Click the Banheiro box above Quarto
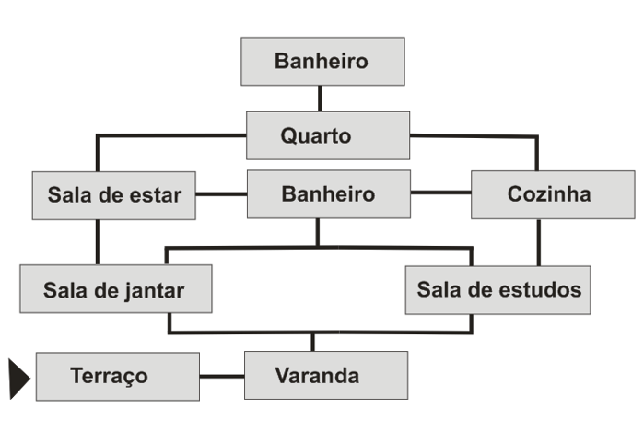(x=322, y=62)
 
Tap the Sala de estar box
(x=113, y=195)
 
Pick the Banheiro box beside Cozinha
(x=328, y=194)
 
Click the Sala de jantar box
(x=115, y=289)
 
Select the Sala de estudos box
(x=498, y=289)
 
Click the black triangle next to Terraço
(x=18, y=379)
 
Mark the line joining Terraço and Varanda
(x=221, y=376)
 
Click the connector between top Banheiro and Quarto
(x=320, y=99)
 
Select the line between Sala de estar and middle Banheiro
(x=220, y=194)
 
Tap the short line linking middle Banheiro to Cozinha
(x=440, y=193)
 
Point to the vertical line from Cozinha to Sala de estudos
(x=539, y=241)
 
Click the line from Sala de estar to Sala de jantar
(x=97, y=241)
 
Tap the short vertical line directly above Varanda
(x=312, y=342)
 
